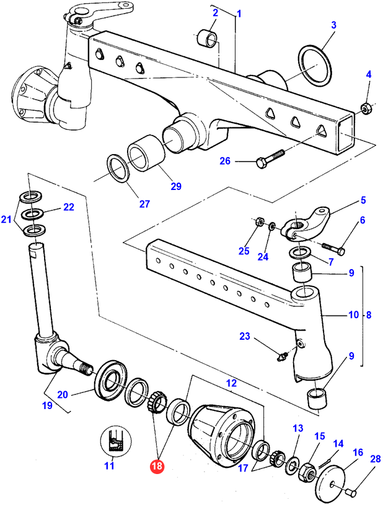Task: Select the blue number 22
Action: pyautogui.click(x=68, y=207)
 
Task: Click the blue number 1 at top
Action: pyautogui.click(x=239, y=13)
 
